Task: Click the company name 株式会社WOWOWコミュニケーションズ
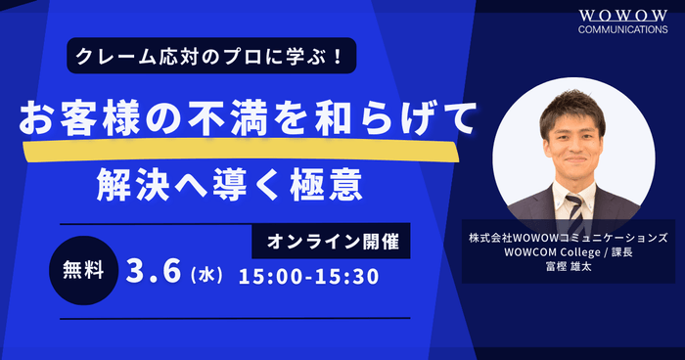click(569, 238)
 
